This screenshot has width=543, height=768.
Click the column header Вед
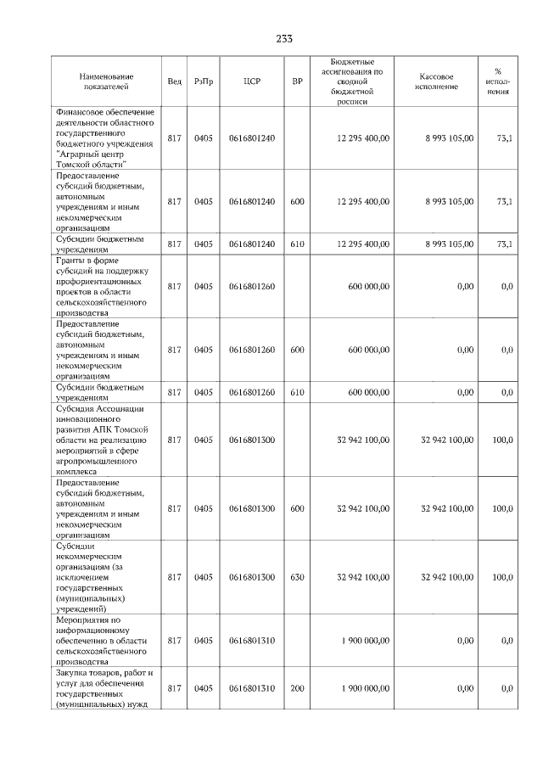174,81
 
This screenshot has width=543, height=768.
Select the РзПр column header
204,81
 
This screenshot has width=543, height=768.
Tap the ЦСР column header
251,81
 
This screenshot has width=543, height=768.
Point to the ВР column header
297,81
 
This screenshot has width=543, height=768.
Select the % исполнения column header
497,81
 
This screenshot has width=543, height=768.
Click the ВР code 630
297,577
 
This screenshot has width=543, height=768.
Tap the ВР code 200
297,688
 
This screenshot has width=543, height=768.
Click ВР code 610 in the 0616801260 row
297,392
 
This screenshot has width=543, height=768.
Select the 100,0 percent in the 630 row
502,577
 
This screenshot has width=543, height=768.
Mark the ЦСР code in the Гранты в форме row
251,286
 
